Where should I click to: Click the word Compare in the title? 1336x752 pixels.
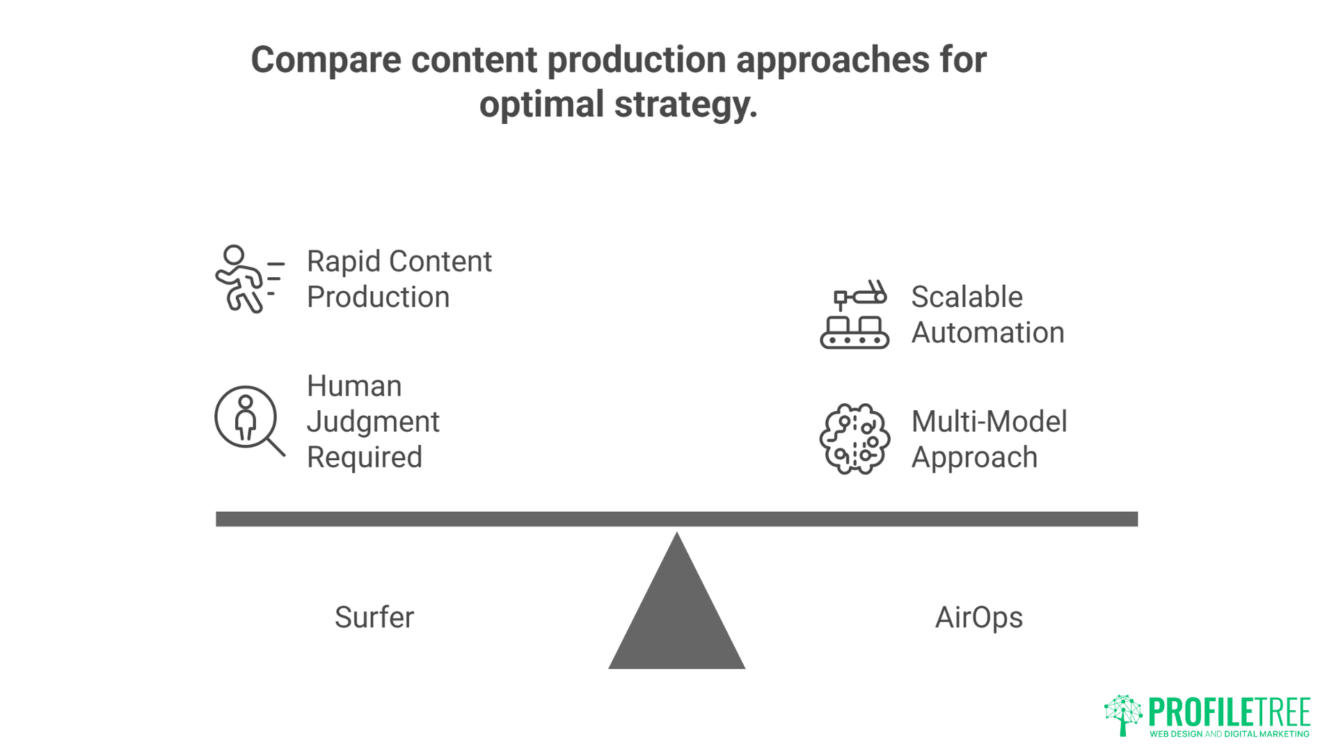coord(325,61)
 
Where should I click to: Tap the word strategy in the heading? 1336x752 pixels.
coord(685,105)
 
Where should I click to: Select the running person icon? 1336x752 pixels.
coord(248,279)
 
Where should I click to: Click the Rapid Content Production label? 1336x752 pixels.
coord(399,279)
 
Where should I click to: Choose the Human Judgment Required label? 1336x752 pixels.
coord(373,421)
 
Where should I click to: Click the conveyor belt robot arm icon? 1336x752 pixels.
coord(854,315)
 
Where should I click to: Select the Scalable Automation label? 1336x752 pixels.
coord(987,315)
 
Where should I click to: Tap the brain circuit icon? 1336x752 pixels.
coord(854,439)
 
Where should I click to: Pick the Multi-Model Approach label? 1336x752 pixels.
coord(989,439)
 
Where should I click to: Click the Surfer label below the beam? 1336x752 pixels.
coord(374,618)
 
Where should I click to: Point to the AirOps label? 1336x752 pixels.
coord(978,618)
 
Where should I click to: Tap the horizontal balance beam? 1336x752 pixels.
coord(676,519)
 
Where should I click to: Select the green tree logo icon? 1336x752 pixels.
coord(1122,714)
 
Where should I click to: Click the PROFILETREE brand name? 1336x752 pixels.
coord(1230,712)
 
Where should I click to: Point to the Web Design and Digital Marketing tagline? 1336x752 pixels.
coord(1230,734)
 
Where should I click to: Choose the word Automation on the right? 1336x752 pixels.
coord(987,333)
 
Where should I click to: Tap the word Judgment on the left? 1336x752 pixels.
coord(373,422)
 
